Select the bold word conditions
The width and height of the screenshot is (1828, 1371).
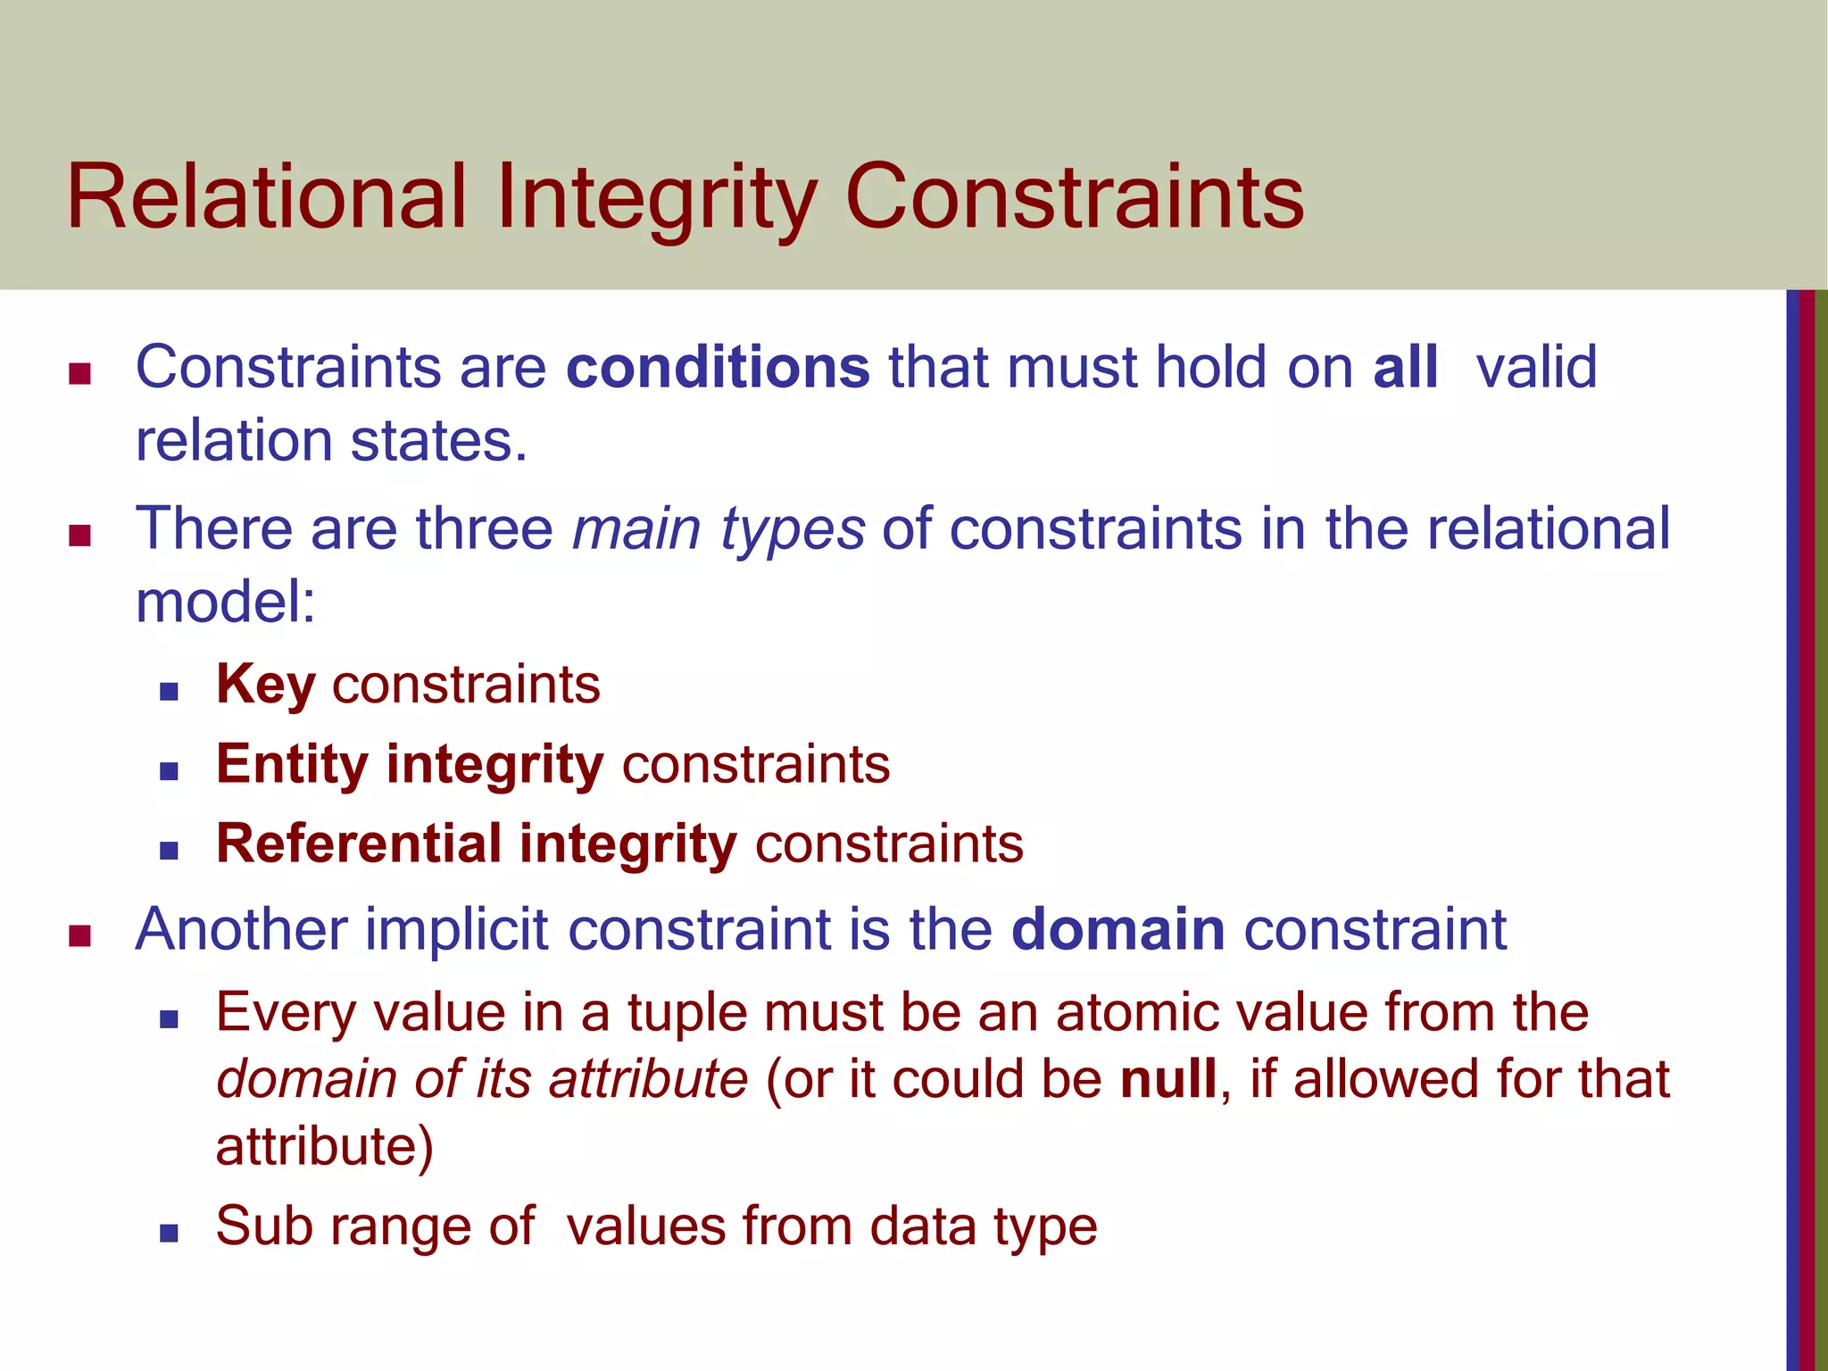[718, 367]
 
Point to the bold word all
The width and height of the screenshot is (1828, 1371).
[1405, 367]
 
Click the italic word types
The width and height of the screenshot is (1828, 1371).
[792, 529]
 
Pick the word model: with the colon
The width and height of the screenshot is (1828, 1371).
[226, 601]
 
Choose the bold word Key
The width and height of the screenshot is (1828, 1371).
[266, 685]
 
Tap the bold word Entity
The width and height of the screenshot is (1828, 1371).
[292, 765]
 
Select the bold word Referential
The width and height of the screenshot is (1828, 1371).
[359, 843]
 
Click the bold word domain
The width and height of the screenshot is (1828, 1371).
[1118, 929]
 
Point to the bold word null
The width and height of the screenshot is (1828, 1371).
[1168, 1079]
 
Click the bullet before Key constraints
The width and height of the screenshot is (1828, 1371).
[169, 690]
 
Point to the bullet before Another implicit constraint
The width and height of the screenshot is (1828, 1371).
[80, 935]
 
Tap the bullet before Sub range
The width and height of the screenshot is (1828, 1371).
[169, 1233]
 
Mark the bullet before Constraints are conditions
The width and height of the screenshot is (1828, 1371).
[80, 373]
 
